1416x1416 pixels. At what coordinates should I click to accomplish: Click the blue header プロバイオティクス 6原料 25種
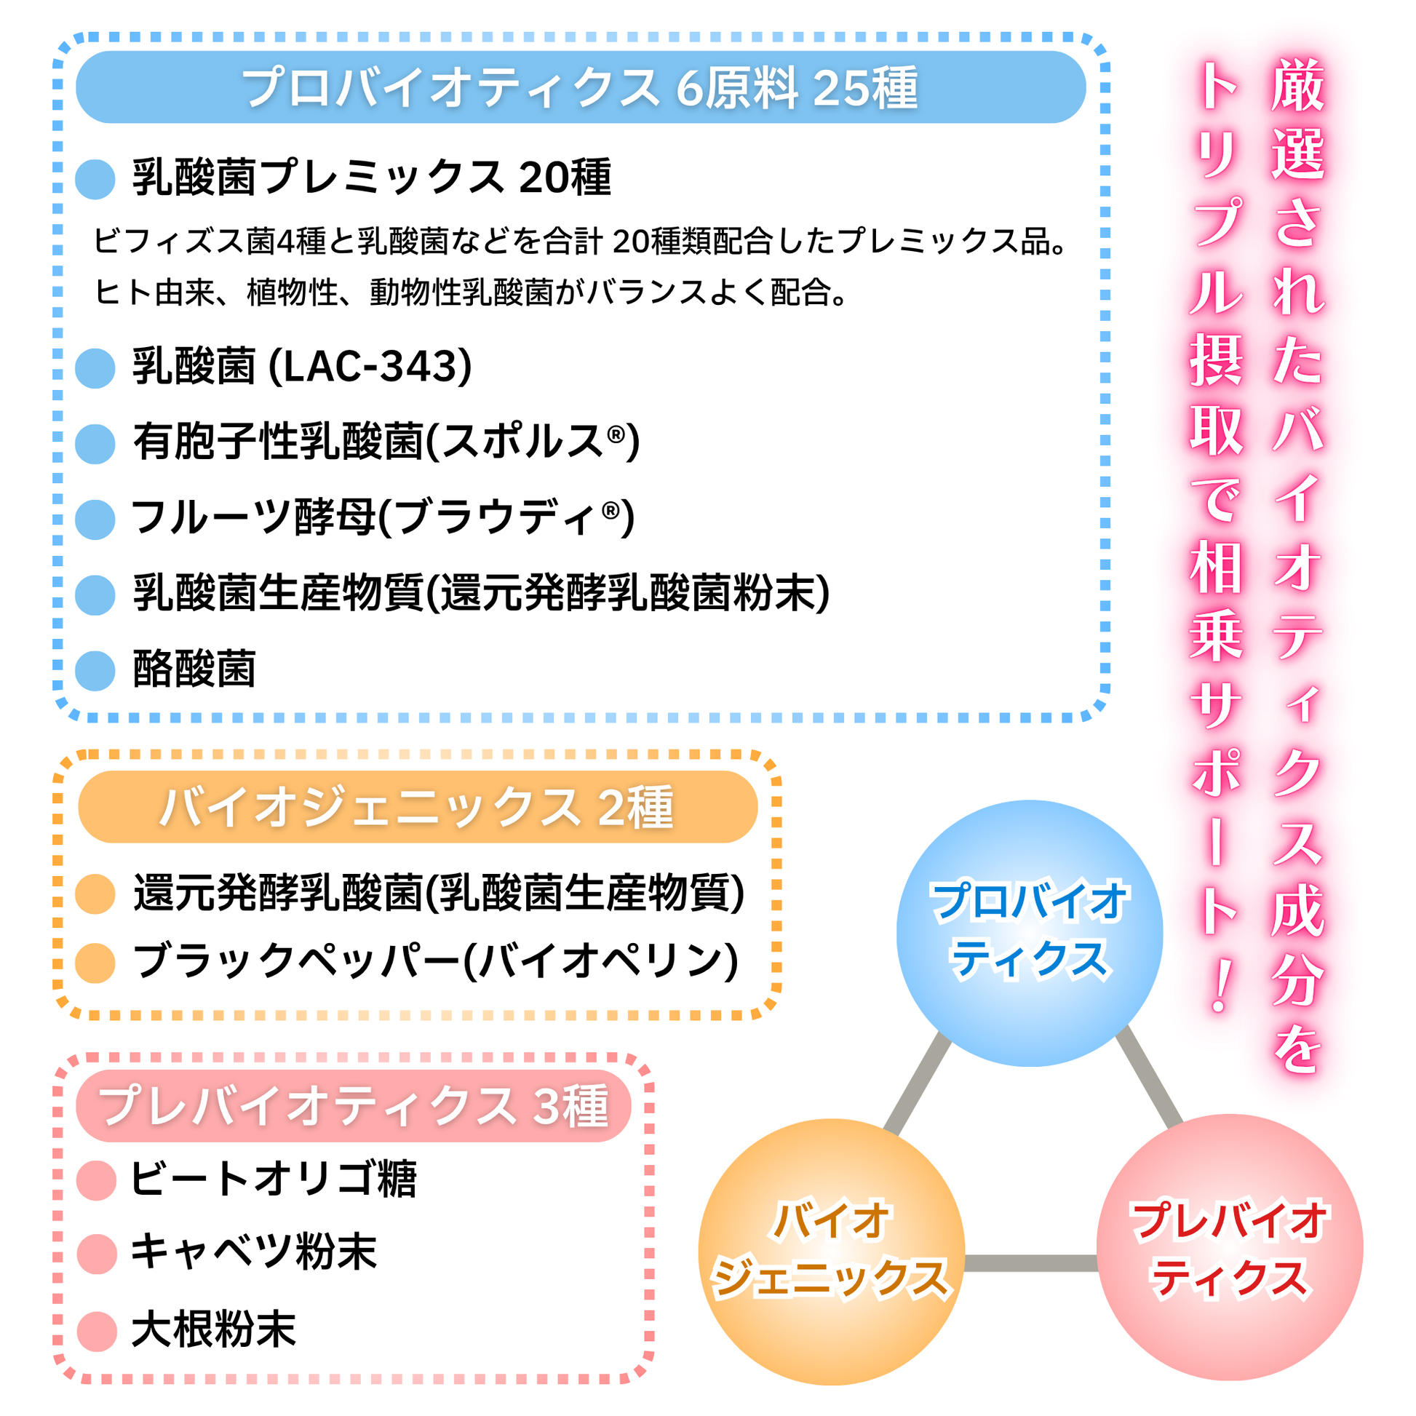click(x=581, y=87)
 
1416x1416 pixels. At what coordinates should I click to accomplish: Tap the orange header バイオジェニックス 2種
click(x=418, y=807)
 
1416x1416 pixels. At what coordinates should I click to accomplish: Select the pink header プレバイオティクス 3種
click(x=353, y=1106)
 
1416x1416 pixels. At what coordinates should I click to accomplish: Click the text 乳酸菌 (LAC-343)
click(x=302, y=367)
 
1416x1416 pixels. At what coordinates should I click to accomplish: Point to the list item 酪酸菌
click(x=194, y=669)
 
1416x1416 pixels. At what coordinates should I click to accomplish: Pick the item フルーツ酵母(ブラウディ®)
click(x=383, y=517)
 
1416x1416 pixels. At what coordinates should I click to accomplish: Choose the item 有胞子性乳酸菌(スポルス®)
click(x=386, y=442)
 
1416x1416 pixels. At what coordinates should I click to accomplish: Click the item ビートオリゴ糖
click(x=274, y=1180)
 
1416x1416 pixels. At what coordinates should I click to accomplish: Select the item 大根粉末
click(x=213, y=1330)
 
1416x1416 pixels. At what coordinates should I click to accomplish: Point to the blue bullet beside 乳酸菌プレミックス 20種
click(x=95, y=179)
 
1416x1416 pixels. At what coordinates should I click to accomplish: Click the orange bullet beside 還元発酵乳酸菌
click(x=95, y=894)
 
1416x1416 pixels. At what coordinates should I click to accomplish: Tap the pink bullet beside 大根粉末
click(x=97, y=1331)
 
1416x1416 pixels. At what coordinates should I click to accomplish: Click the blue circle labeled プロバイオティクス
click(x=1030, y=933)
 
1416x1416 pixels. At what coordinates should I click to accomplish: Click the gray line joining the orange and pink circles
click(x=1031, y=1262)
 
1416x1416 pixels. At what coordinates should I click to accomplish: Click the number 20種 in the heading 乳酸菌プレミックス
click(x=565, y=178)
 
